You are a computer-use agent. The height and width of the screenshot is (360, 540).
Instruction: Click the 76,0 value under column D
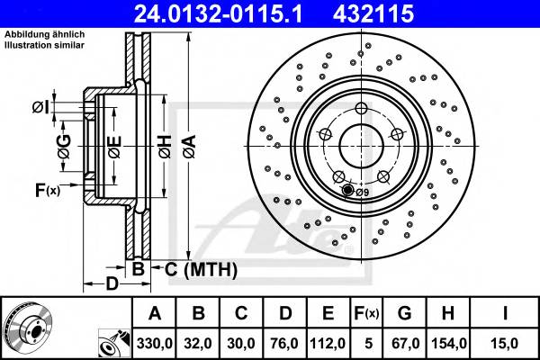coord(284,343)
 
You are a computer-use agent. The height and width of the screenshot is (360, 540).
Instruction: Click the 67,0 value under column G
coord(406,343)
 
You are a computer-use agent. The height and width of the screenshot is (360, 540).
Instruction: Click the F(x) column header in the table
coord(367,313)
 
